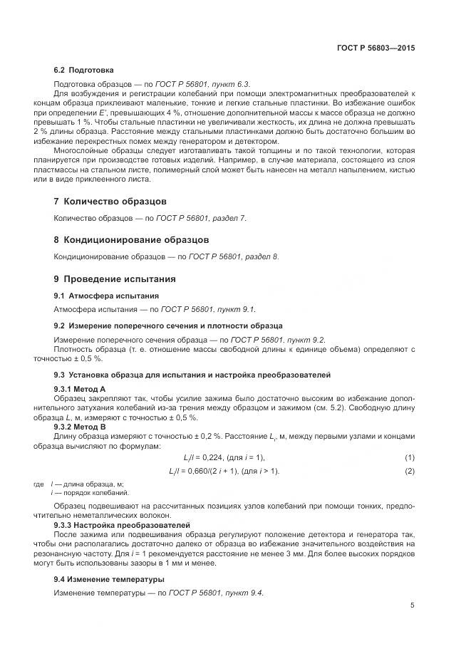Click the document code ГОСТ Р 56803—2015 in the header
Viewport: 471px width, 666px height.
tap(375, 48)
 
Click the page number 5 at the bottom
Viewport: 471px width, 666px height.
tap(413, 605)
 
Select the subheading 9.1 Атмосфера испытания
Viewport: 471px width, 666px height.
tap(106, 295)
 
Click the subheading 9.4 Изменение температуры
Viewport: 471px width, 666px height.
tap(109, 578)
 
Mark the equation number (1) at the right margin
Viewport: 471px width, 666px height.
tap(410, 457)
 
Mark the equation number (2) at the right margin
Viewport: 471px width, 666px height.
tap(410, 472)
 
